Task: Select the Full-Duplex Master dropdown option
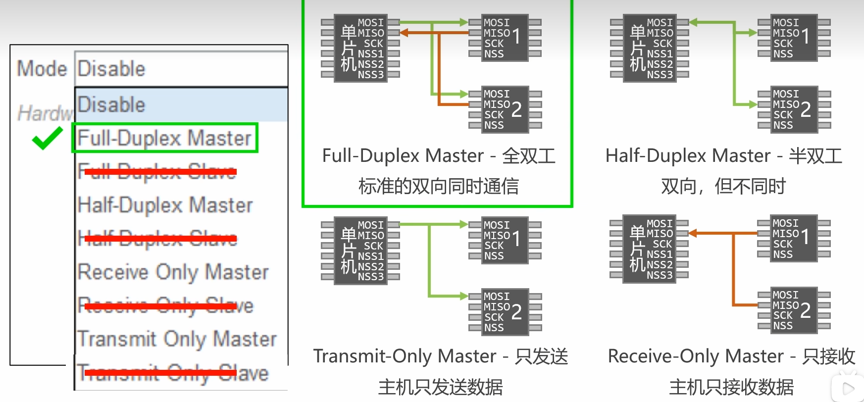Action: (164, 138)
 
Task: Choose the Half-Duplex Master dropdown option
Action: (165, 205)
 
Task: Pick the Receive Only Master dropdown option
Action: (173, 272)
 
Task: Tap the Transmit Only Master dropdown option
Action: (177, 339)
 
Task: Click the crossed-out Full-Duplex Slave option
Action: (157, 171)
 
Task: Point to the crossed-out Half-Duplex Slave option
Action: (157, 239)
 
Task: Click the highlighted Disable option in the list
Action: (181, 104)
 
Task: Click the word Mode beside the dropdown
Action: (42, 68)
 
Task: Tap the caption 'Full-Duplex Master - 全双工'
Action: (438, 155)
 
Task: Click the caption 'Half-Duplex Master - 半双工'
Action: (723, 155)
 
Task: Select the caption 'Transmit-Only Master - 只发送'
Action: (440, 356)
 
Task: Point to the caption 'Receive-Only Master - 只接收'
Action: (731, 356)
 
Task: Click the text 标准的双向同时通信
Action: (438, 186)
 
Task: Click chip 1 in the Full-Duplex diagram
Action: (505, 38)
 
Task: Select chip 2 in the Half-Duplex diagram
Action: (794, 109)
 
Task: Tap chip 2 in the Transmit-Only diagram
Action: (505, 311)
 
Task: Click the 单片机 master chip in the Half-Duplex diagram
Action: (650, 48)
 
